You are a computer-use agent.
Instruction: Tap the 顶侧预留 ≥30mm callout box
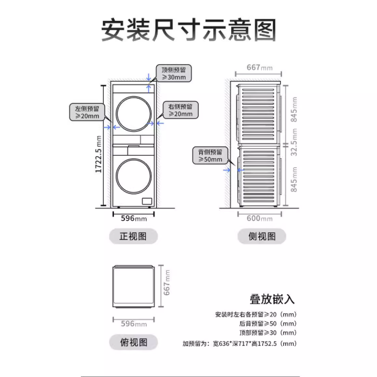pyautogui.click(x=173, y=74)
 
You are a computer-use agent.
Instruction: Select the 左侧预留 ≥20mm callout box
pyautogui.click(x=86, y=112)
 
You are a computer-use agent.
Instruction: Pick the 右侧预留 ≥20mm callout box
pyautogui.click(x=180, y=110)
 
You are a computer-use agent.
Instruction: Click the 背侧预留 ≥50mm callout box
pyautogui.click(x=209, y=155)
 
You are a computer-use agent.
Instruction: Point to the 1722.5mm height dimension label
pyautogui.click(x=99, y=154)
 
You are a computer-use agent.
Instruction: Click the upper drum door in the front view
pyautogui.click(x=132, y=115)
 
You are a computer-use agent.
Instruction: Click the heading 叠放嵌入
pyautogui.click(x=272, y=300)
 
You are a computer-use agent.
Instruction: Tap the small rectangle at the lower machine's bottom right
pyautogui.click(x=147, y=201)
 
